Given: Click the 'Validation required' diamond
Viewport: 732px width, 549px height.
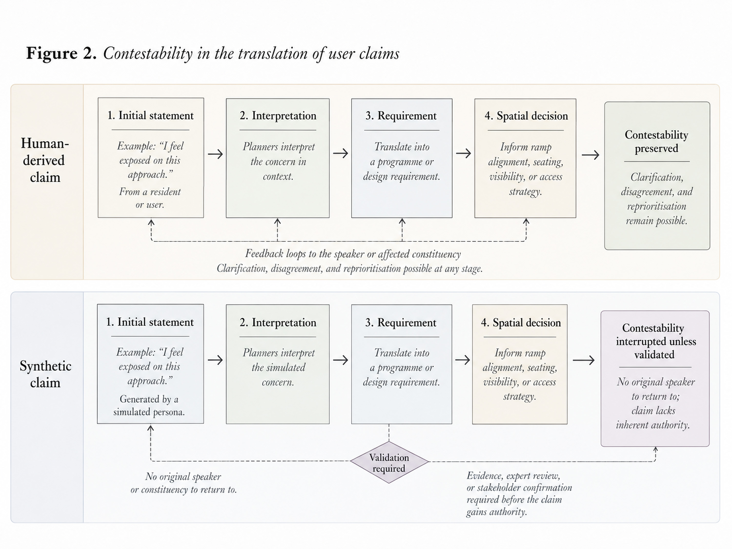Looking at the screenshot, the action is click(389, 462).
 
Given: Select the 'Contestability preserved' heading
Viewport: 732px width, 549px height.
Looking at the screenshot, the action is click(657, 141).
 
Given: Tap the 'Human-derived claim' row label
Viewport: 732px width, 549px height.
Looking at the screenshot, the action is click(45, 160).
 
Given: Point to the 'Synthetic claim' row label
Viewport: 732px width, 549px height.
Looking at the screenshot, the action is click(45, 374).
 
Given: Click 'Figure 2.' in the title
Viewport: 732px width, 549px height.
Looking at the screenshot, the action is click(61, 53).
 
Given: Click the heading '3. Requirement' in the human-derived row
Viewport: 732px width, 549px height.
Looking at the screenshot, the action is click(401, 116).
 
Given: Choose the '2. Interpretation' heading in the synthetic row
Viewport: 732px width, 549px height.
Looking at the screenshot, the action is click(278, 323).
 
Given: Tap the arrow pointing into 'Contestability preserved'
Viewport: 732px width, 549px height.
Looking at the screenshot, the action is click(590, 155).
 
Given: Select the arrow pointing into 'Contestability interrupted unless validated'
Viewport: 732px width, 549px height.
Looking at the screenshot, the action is click(583, 360).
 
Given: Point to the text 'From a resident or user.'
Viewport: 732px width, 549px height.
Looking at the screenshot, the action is click(150, 198).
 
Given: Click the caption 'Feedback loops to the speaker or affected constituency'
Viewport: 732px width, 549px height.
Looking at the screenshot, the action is click(353, 254).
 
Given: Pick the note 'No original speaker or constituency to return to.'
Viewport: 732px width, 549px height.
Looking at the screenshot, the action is click(184, 483).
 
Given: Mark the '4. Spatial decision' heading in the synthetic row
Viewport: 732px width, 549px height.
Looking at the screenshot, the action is click(521, 323).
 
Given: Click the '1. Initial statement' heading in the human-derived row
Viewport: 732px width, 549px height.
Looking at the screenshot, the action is click(150, 115).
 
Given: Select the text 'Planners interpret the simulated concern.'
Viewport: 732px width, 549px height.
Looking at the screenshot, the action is click(278, 367).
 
